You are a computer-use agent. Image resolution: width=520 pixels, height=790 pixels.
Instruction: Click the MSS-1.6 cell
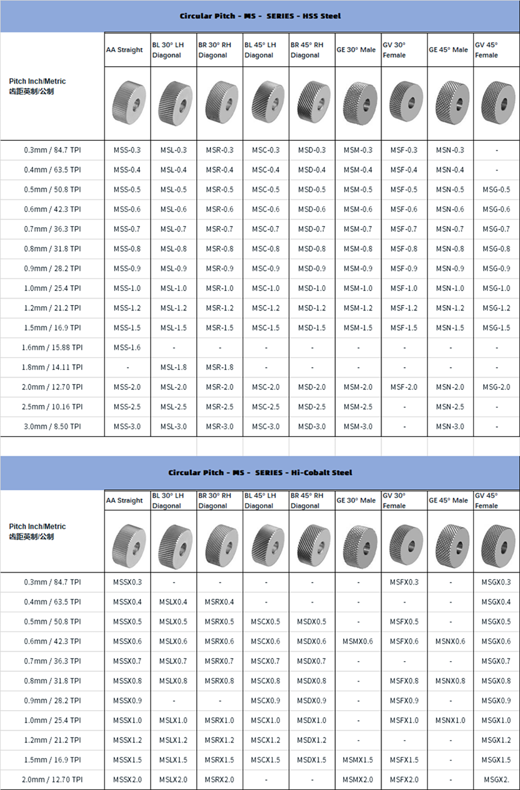(x=127, y=348)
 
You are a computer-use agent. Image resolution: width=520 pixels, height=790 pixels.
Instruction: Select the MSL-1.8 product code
(x=173, y=367)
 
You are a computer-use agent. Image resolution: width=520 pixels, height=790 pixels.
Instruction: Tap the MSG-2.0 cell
(x=496, y=387)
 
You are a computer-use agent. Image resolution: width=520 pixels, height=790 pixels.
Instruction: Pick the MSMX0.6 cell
(x=358, y=641)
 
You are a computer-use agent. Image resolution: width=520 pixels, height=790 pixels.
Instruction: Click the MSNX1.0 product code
(x=450, y=720)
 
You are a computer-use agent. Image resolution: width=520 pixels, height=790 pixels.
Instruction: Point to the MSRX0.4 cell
(x=219, y=602)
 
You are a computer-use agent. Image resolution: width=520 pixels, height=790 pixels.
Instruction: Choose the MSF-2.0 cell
(x=404, y=387)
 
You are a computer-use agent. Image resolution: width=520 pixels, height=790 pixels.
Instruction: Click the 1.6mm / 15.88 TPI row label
(x=52, y=348)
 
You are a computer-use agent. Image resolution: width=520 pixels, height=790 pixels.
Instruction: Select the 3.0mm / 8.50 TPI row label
(x=52, y=426)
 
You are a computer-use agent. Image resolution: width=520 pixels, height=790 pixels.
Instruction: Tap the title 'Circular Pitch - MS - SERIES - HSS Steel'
(x=260, y=16)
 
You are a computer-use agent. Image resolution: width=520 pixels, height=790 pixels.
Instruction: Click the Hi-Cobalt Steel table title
(x=260, y=473)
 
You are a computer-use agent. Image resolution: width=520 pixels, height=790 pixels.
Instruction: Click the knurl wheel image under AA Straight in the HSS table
(x=129, y=103)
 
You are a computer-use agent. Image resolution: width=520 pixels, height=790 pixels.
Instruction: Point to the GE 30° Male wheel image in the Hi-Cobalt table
(x=359, y=546)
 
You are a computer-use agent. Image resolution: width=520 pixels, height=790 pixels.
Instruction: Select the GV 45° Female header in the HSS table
(x=486, y=50)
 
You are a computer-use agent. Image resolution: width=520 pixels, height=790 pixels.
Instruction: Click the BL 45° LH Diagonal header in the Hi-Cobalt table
(x=260, y=501)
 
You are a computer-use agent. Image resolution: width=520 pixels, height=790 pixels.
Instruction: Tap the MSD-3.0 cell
(x=312, y=426)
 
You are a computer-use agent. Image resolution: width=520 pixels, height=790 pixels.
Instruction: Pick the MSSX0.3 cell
(x=128, y=582)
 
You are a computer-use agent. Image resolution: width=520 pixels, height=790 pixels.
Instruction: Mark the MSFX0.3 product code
(x=404, y=582)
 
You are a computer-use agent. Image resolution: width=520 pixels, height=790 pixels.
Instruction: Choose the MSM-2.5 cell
(x=358, y=407)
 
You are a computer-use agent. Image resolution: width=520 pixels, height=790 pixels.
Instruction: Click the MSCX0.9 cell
(x=265, y=701)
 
